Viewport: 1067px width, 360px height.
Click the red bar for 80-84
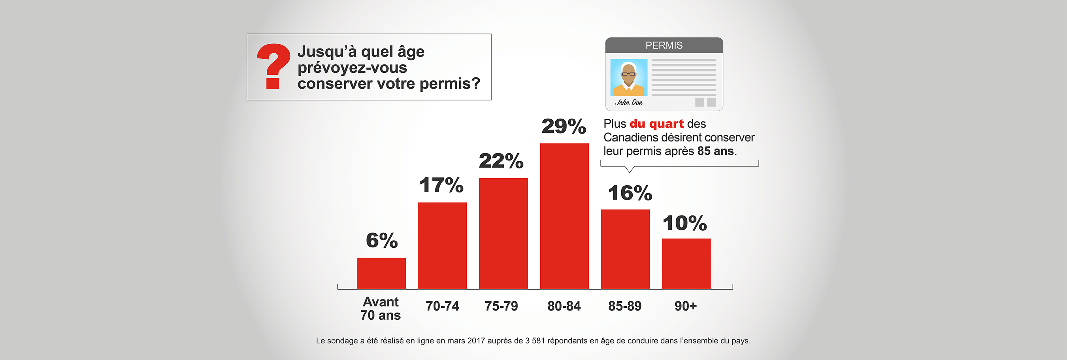(x=564, y=216)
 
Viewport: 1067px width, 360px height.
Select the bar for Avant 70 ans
(x=381, y=273)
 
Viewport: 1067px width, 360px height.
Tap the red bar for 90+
(x=686, y=264)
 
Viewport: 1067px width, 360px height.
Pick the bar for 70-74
(x=442, y=245)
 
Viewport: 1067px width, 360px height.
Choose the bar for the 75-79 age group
(x=503, y=233)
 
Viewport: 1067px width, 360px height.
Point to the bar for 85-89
(x=625, y=249)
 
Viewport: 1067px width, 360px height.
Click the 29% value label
(x=564, y=126)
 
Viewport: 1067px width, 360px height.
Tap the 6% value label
(x=381, y=241)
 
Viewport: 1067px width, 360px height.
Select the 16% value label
(x=630, y=193)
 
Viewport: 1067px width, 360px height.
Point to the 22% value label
(x=501, y=161)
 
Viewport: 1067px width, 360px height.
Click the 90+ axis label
(x=686, y=306)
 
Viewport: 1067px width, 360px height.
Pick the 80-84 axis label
(x=564, y=306)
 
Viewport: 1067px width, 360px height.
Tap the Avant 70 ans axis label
(x=381, y=308)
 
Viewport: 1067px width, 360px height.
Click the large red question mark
(x=273, y=66)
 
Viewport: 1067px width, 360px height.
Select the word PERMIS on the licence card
(x=664, y=45)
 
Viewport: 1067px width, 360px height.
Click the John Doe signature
(x=628, y=102)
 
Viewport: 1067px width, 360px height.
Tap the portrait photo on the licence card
(x=628, y=77)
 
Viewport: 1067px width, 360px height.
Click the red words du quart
(x=656, y=124)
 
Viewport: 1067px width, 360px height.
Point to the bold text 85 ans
(x=715, y=151)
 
